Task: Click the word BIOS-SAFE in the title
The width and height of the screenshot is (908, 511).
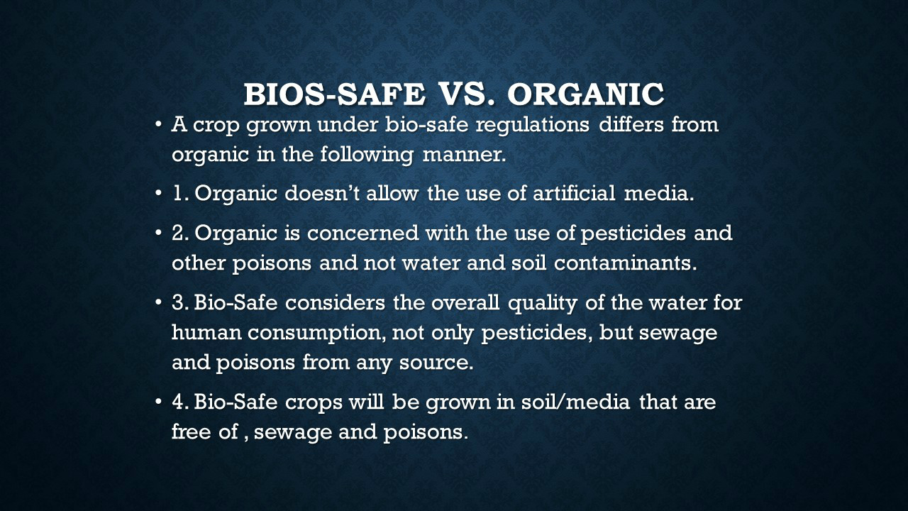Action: click(334, 94)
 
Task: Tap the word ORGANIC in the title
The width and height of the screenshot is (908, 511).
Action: click(586, 94)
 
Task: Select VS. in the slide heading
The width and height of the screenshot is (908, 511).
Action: click(467, 94)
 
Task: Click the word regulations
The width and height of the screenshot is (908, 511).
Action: click(532, 125)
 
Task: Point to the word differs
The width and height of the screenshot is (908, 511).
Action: click(631, 123)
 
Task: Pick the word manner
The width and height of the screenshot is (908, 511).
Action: click(465, 155)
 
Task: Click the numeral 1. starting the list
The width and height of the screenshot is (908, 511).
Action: click(181, 194)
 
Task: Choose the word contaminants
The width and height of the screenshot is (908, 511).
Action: click(626, 263)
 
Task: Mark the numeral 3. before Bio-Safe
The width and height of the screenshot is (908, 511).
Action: click(180, 303)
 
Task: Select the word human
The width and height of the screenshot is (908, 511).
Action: click(206, 333)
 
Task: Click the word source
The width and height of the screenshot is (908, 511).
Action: click(436, 363)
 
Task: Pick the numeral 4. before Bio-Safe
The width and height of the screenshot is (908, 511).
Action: click(180, 402)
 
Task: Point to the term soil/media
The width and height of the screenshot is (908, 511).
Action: click(575, 402)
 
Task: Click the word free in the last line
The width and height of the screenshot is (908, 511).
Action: click(191, 431)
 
